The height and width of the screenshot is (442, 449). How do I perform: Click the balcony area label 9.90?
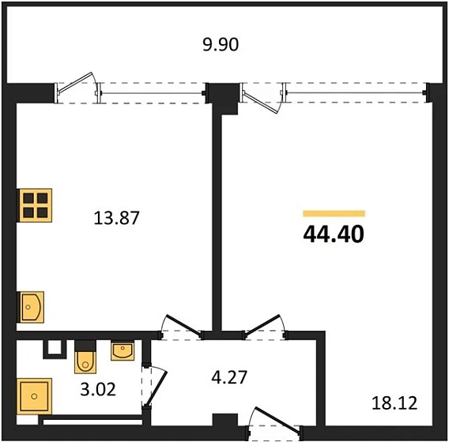pyautogui.click(x=221, y=45)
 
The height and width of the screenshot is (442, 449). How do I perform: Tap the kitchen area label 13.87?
pyautogui.click(x=118, y=219)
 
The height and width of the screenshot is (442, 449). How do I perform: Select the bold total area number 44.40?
pyautogui.click(x=334, y=234)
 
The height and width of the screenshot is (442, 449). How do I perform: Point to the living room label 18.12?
pyautogui.click(x=394, y=403)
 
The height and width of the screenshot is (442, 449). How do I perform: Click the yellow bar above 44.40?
pyautogui.click(x=334, y=213)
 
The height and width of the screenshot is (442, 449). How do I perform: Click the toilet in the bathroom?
pyautogui.click(x=85, y=360)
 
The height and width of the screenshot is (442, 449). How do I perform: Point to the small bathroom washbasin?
pyautogui.click(x=123, y=350)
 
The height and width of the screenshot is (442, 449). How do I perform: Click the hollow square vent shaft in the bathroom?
pyautogui.click(x=53, y=348)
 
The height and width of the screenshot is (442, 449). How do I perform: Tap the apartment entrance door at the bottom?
pyautogui.click(x=273, y=422)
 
